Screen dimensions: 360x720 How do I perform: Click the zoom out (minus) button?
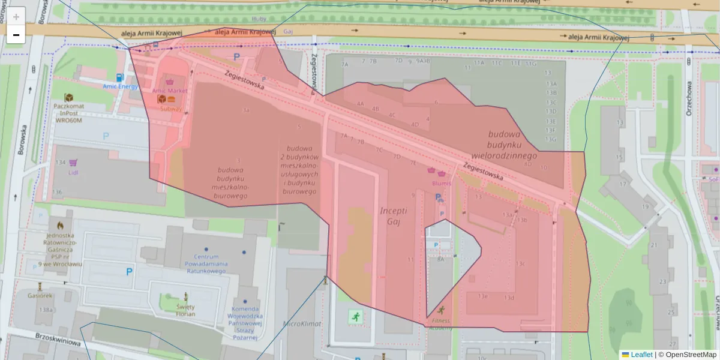pos(16,35)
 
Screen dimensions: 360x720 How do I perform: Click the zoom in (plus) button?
pos(16,17)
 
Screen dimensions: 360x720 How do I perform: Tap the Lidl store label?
pos(74,173)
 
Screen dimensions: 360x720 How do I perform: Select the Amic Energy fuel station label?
pos(120,86)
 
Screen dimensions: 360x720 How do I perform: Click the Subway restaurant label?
pos(170,109)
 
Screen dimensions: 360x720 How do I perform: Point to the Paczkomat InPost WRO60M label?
pos(68,113)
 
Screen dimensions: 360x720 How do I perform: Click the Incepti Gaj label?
pos(393,217)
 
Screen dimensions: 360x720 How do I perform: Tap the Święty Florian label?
pos(185,310)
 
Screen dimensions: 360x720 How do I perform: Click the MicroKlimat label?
pos(302,323)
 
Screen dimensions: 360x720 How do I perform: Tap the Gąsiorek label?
pos(40,295)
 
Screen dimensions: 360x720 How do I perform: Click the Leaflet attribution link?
pos(641,355)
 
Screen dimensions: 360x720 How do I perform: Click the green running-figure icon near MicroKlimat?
pos(355,315)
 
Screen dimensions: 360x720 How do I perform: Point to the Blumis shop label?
pos(441,184)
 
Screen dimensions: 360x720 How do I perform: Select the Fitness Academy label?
pos(441,325)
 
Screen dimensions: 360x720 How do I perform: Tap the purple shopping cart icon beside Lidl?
pos(73,163)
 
